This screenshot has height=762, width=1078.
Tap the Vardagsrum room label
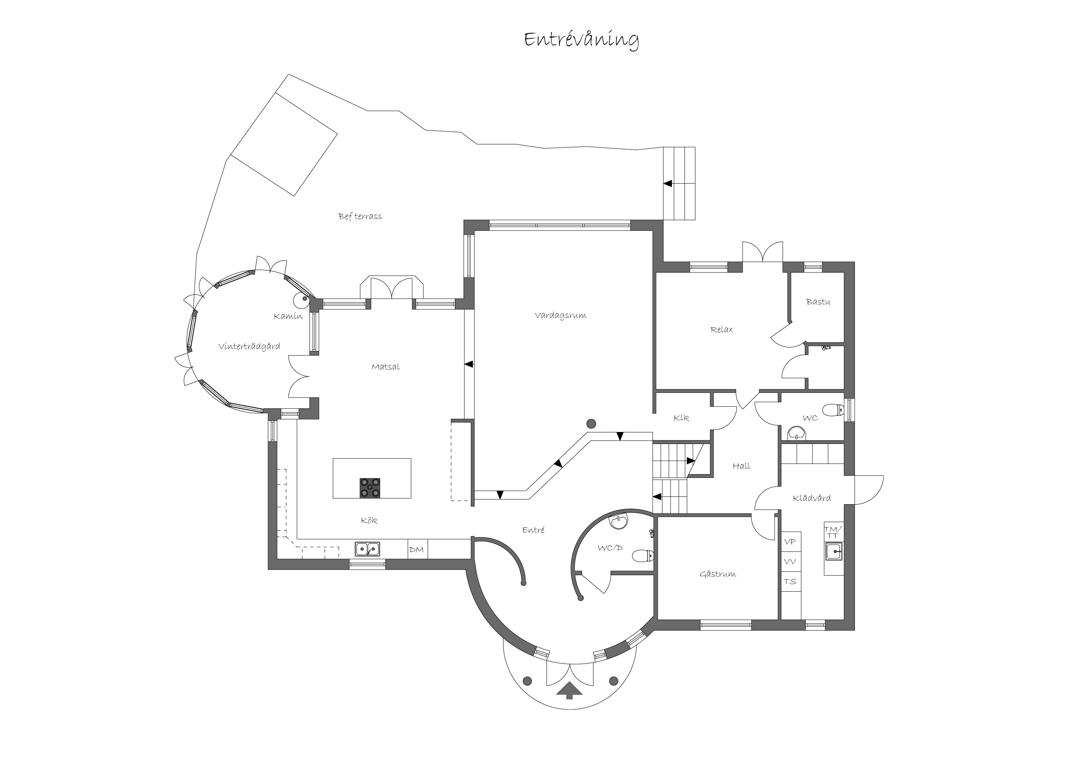click(x=561, y=316)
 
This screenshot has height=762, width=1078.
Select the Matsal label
click(x=385, y=367)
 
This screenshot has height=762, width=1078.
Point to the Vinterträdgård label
click(x=249, y=347)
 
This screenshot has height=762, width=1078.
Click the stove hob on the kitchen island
click(x=370, y=488)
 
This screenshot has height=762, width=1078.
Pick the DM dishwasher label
click(x=416, y=550)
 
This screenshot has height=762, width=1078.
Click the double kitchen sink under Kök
click(x=368, y=549)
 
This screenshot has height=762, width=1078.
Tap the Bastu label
click(x=818, y=302)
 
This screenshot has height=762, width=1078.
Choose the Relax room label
click(x=722, y=330)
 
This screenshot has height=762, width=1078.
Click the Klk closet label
click(x=681, y=418)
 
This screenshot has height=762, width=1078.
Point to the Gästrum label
click(x=718, y=574)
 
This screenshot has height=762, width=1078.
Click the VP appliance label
click(x=790, y=542)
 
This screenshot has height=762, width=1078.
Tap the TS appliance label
click(x=790, y=582)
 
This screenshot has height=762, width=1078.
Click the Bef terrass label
click(x=360, y=216)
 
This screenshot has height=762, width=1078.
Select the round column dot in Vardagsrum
click(x=591, y=423)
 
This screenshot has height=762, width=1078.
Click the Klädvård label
click(x=812, y=498)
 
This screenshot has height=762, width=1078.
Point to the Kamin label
click(x=288, y=316)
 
